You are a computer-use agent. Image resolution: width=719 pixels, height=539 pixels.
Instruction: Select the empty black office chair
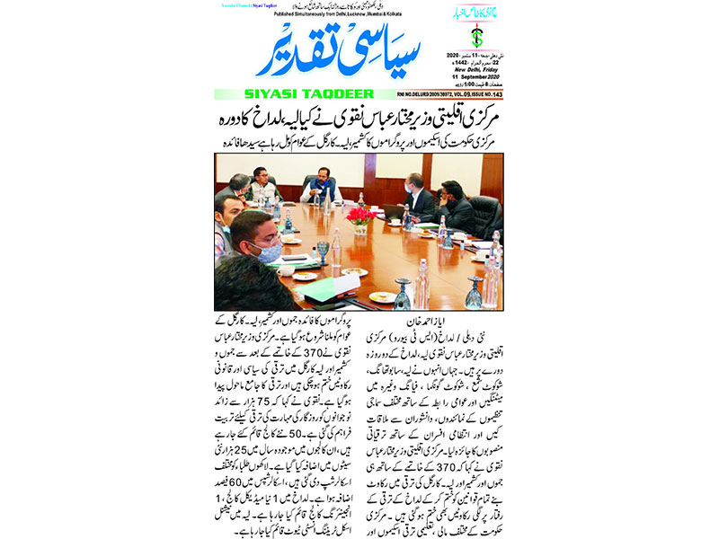[x=484, y=215]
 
